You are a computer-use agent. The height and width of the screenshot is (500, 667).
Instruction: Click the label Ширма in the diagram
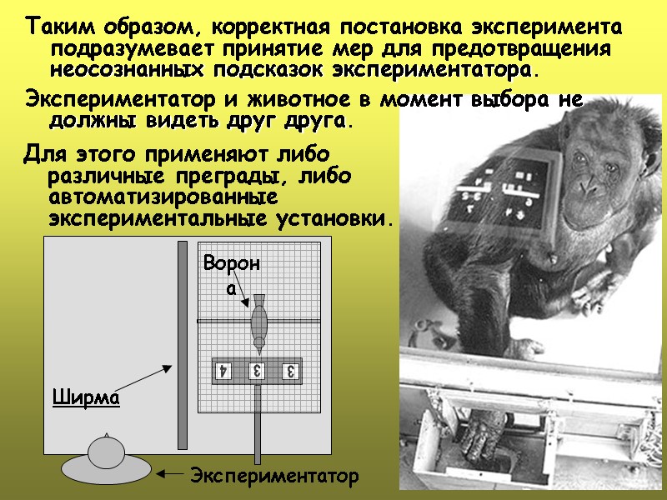[x=87, y=397]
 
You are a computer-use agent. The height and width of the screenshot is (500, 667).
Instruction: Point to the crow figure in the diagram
[x=259, y=321]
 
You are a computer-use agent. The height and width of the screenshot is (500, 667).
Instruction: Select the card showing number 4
[x=223, y=370]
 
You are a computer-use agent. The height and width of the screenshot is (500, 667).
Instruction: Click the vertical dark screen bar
[x=182, y=345]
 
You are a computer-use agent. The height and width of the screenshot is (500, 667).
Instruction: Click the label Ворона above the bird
[x=232, y=274]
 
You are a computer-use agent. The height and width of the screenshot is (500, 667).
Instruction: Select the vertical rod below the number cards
[x=258, y=425]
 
